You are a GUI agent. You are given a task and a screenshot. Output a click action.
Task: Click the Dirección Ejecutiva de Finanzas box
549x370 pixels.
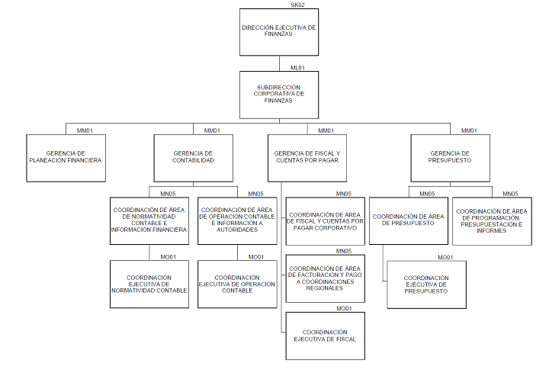pos(278,31)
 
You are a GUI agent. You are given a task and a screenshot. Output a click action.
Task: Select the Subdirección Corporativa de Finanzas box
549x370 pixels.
pos(278,95)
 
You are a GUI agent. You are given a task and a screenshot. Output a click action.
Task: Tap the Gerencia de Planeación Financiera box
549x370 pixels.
pos(65,157)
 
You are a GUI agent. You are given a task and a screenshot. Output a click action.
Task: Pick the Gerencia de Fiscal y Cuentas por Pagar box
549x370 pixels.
pos(307,157)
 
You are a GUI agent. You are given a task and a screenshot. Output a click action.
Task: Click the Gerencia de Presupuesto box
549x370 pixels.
pos(450,157)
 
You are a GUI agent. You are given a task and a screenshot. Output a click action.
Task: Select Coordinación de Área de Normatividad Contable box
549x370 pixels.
pos(149,220)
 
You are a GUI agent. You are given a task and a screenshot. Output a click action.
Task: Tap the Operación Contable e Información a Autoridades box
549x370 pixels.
pos(237,220)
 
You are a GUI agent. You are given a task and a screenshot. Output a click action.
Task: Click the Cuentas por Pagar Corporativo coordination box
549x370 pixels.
pos(325,221)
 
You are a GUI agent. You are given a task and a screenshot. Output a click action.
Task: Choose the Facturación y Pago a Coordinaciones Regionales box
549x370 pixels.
pos(325,278)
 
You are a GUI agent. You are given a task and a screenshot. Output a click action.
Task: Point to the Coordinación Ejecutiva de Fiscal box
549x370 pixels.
pos(325,336)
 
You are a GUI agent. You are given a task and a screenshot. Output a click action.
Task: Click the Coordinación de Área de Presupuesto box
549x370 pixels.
pos(408,220)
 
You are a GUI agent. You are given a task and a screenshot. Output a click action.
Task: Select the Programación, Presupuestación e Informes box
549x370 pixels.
pos(492,220)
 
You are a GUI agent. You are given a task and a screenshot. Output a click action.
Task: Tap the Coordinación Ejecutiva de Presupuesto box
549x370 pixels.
pos(425,284)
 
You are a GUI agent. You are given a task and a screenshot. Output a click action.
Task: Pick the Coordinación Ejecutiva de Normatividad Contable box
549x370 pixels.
pos(149,284)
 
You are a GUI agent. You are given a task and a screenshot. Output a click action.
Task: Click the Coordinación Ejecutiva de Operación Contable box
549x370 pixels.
pos(237,284)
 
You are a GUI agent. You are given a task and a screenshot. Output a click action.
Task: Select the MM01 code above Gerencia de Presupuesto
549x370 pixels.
pos(469,130)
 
